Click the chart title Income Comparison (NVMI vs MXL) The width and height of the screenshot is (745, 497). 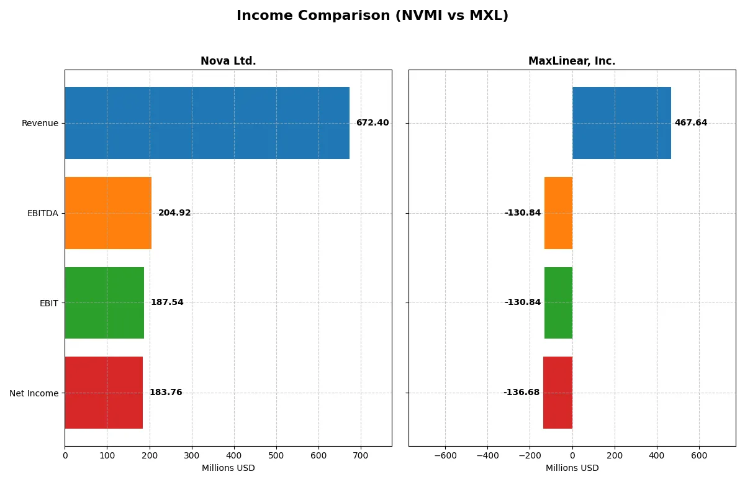372,16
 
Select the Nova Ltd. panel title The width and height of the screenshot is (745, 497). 228,61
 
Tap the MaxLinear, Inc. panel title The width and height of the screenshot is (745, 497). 572,61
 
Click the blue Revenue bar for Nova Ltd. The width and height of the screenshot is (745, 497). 207,123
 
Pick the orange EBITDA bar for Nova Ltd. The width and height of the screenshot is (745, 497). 108,213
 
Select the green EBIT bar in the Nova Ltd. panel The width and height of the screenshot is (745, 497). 104,303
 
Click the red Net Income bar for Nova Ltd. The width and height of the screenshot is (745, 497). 104,393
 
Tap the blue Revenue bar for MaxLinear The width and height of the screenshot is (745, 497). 621,123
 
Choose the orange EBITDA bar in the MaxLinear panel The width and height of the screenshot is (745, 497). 558,213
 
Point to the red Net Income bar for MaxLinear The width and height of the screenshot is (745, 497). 558,393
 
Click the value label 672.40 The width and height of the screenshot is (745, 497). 372,123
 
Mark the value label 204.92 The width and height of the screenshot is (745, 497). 174,213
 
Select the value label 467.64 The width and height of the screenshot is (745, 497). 691,123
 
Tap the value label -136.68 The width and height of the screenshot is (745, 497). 521,393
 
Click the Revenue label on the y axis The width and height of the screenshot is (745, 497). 40,123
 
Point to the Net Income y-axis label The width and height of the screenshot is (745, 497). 34,393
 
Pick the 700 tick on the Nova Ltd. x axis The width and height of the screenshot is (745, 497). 361,455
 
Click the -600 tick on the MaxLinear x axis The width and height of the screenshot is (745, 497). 445,455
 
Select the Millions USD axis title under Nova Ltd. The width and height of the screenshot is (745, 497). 228,468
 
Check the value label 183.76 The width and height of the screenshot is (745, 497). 166,393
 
